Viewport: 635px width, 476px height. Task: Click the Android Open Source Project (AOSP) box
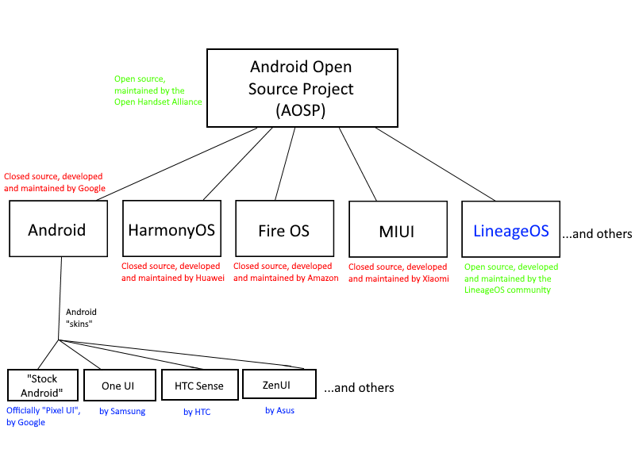tap(302, 88)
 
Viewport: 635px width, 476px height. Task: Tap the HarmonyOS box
tap(172, 230)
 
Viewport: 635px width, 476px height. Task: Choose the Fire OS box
tap(284, 231)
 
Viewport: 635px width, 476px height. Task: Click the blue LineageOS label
tap(511, 231)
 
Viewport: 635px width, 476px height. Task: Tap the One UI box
tap(117, 386)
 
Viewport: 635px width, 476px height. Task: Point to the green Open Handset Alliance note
tap(158, 90)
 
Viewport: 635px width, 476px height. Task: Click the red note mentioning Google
tap(54, 182)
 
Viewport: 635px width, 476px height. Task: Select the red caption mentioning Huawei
tap(173, 272)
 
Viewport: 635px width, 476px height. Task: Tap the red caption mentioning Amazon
tap(286, 272)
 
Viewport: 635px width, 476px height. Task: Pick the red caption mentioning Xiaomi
tap(398, 273)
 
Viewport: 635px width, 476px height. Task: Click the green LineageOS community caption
tap(511, 278)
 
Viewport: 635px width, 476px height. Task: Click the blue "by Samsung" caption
tap(122, 411)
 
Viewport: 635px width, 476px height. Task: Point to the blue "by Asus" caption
tap(279, 410)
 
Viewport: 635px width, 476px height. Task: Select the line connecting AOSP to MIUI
tap(358, 163)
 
